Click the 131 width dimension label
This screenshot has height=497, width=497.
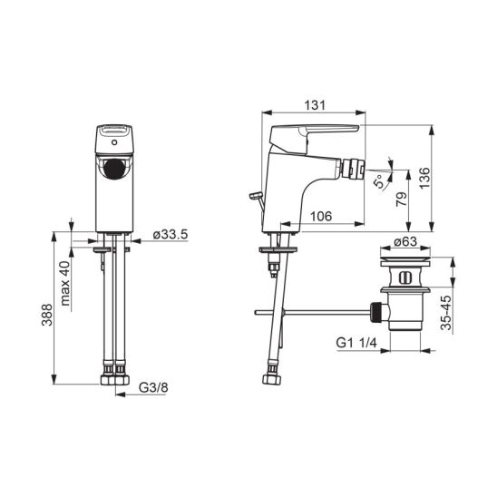point(315,105)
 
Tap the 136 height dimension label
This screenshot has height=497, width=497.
point(424,178)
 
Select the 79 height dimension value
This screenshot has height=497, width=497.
point(402,200)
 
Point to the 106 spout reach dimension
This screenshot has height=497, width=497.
point(321,216)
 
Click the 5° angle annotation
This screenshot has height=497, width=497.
point(379,181)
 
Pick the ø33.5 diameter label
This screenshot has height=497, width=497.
point(171,235)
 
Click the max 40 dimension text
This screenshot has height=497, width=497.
point(65,283)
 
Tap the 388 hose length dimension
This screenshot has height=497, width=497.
point(47,315)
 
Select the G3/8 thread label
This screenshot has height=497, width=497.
point(153,387)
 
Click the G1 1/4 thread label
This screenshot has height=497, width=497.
point(356,343)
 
